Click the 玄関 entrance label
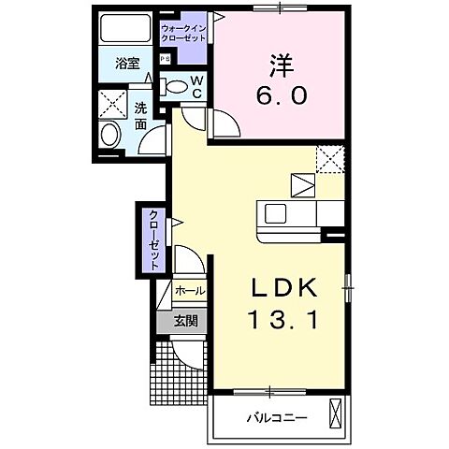185,321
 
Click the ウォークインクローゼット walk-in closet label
183,34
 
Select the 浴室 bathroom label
127,65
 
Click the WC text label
196,86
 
